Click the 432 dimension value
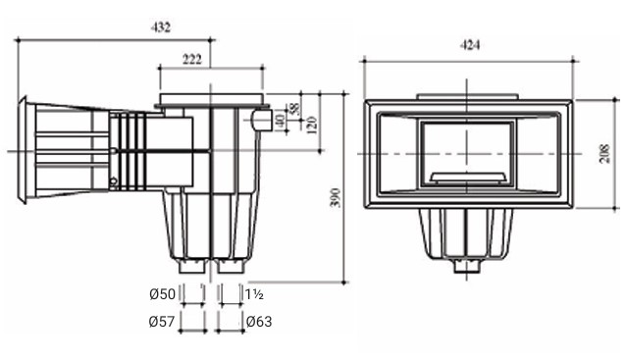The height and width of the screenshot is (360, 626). pyautogui.click(x=161, y=27)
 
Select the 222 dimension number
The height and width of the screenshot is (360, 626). pyautogui.click(x=192, y=59)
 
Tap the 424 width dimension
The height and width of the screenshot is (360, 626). pyautogui.click(x=469, y=45)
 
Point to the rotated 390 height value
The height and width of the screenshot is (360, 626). pyautogui.click(x=336, y=197)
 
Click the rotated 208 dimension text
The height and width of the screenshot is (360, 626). pyautogui.click(x=605, y=154)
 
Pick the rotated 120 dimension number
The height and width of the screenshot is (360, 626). pyautogui.click(x=312, y=125)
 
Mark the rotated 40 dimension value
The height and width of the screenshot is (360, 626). pyautogui.click(x=281, y=121)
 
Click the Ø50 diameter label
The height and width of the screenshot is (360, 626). pyautogui.click(x=162, y=294)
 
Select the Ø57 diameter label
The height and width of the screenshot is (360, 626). pyautogui.click(x=162, y=322)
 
